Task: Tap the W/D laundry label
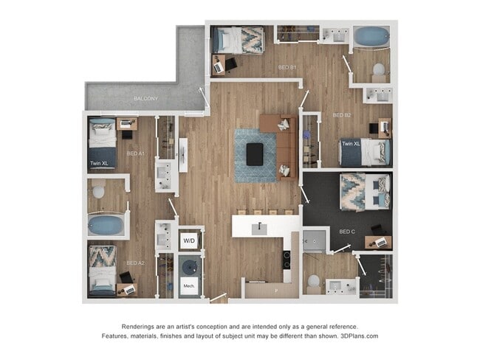tap(189, 241)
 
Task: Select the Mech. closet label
tap(189, 285)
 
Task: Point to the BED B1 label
tap(287, 68)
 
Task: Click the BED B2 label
tap(342, 115)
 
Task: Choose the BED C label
tap(347, 231)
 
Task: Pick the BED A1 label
tap(135, 153)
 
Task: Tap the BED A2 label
tap(134, 263)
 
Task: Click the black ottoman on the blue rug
tap(255, 153)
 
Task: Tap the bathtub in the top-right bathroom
tap(371, 36)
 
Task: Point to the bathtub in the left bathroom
tap(106, 224)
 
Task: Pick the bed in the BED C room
tap(364, 191)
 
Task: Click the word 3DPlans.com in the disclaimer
tap(359, 336)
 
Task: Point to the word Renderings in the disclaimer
tap(140, 326)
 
